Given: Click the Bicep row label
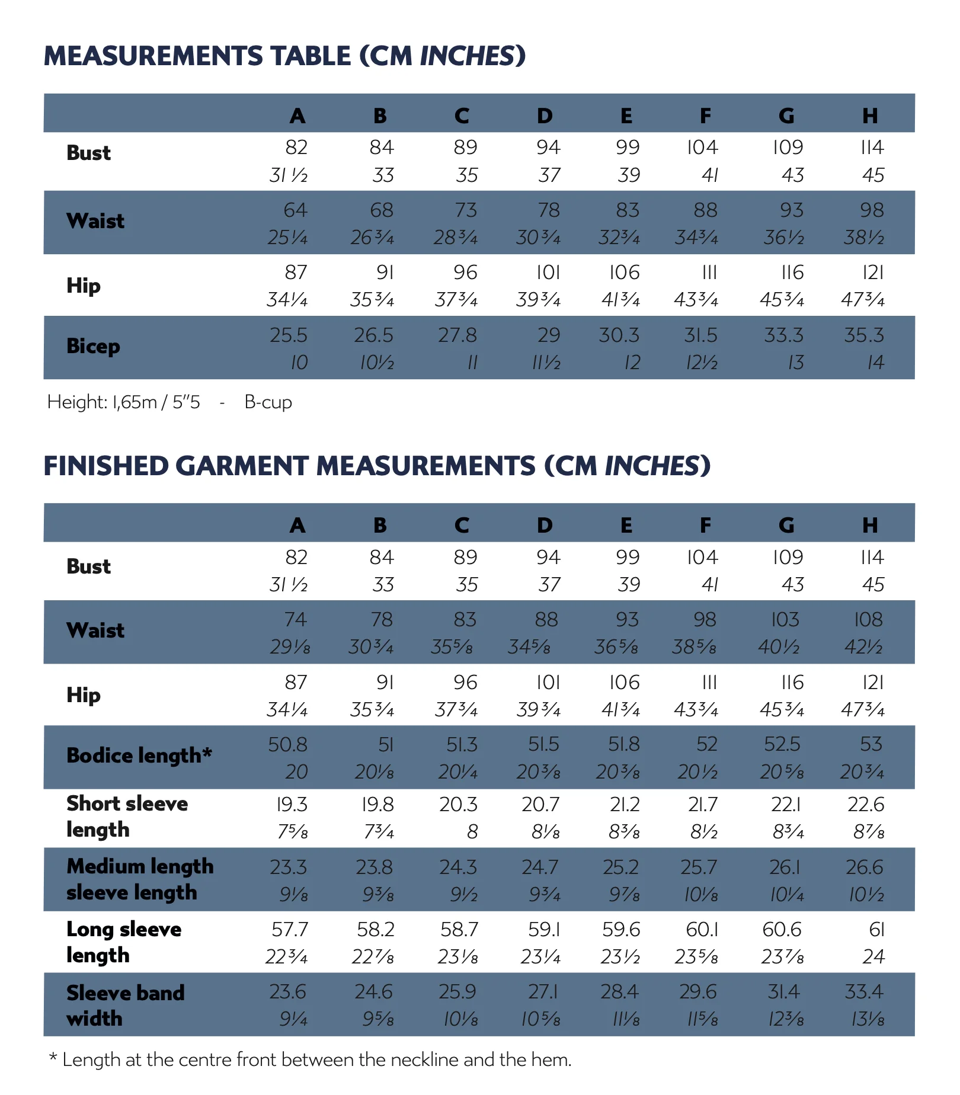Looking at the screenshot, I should (x=93, y=346).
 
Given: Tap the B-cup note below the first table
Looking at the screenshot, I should (x=268, y=402).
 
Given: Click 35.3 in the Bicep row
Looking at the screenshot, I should (x=864, y=335).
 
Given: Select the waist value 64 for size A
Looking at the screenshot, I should (x=295, y=210).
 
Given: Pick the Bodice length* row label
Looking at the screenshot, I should (x=139, y=755).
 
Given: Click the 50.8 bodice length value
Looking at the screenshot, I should (x=287, y=745).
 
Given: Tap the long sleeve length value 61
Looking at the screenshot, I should (x=876, y=930).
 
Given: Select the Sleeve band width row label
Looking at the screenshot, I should (x=125, y=1006).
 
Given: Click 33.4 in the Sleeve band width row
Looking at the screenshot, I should (x=864, y=992).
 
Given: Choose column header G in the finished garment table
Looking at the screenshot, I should (x=786, y=526).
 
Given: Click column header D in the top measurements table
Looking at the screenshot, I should (x=545, y=116).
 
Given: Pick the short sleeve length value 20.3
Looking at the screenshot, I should (x=458, y=805).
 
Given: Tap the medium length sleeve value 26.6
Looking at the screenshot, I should (x=865, y=867).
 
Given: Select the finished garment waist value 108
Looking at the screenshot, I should (x=868, y=620).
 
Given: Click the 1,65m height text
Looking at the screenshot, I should (x=135, y=402).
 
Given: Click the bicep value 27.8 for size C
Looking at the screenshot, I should (x=457, y=335).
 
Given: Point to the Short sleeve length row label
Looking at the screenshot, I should (x=127, y=817).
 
